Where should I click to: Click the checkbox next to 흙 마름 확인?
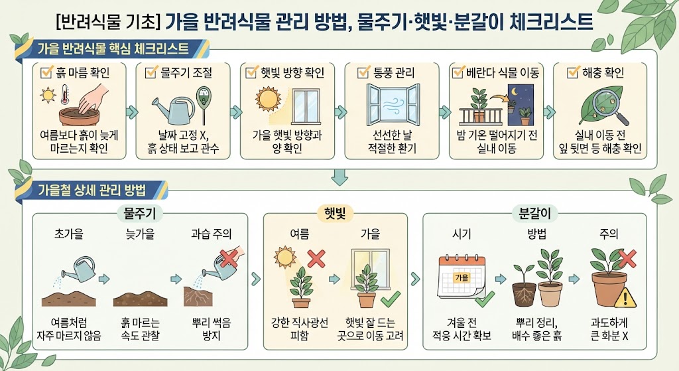(x=46, y=72)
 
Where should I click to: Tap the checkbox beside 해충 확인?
(x=574, y=72)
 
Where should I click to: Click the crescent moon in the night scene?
(x=515, y=92)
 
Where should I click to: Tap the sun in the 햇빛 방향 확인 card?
(x=268, y=100)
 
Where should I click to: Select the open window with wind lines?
(x=393, y=104)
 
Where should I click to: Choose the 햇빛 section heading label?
(x=335, y=213)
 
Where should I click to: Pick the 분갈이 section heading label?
(x=534, y=213)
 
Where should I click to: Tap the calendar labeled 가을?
(x=462, y=277)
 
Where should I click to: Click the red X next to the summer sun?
(x=316, y=259)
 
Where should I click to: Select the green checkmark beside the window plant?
(x=390, y=299)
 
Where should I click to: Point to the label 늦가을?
(x=140, y=234)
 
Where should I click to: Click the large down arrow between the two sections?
(x=339, y=177)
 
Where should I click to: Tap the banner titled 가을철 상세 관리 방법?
(x=91, y=190)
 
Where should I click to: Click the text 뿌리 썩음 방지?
(x=212, y=329)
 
